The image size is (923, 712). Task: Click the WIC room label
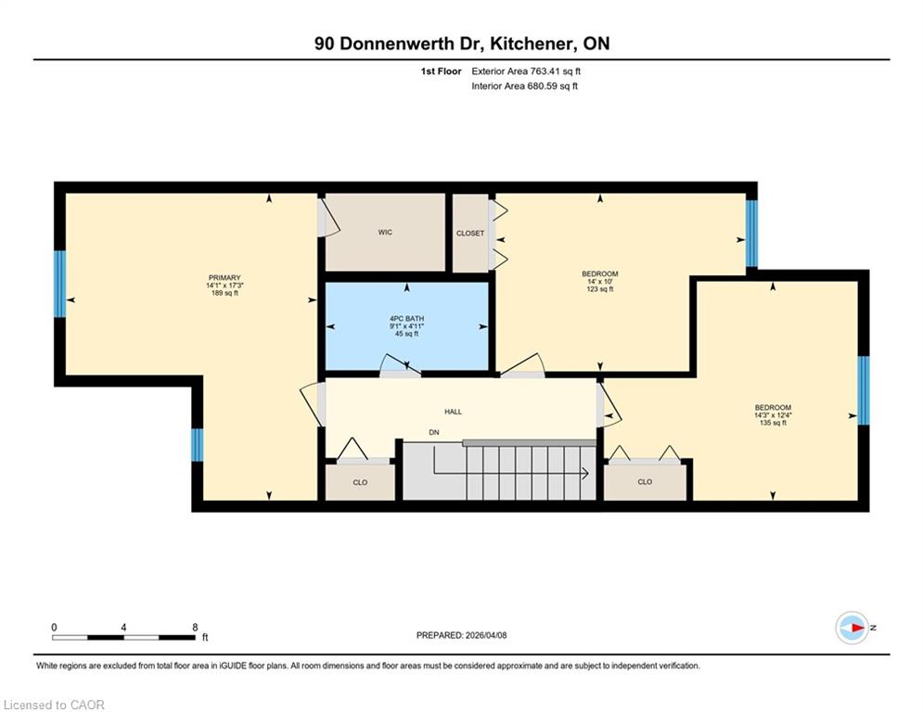pos(385,233)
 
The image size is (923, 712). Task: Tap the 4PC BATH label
pos(406,318)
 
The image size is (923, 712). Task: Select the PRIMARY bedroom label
pos(224,278)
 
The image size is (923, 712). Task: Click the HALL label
pos(454,412)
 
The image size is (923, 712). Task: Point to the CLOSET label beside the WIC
pos(470,234)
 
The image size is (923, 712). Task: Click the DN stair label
pos(434,433)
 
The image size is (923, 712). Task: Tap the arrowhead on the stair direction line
pos(585,473)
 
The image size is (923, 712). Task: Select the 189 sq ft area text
pos(224,293)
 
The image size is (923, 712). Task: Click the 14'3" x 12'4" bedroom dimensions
pos(773,414)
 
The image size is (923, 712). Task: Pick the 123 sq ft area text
pos(600,289)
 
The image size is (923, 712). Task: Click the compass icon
pos(852,628)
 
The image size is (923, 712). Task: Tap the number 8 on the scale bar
pos(195,628)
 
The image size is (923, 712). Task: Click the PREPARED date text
pos(462,635)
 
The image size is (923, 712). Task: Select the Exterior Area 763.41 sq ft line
pos(526,71)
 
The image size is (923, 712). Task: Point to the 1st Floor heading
pos(441,71)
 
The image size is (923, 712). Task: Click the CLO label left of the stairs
pos(360,482)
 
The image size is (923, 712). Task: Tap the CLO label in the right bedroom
pos(645,482)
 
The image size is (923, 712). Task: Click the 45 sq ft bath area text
pos(406,334)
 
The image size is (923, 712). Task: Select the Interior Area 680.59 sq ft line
pos(524,86)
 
